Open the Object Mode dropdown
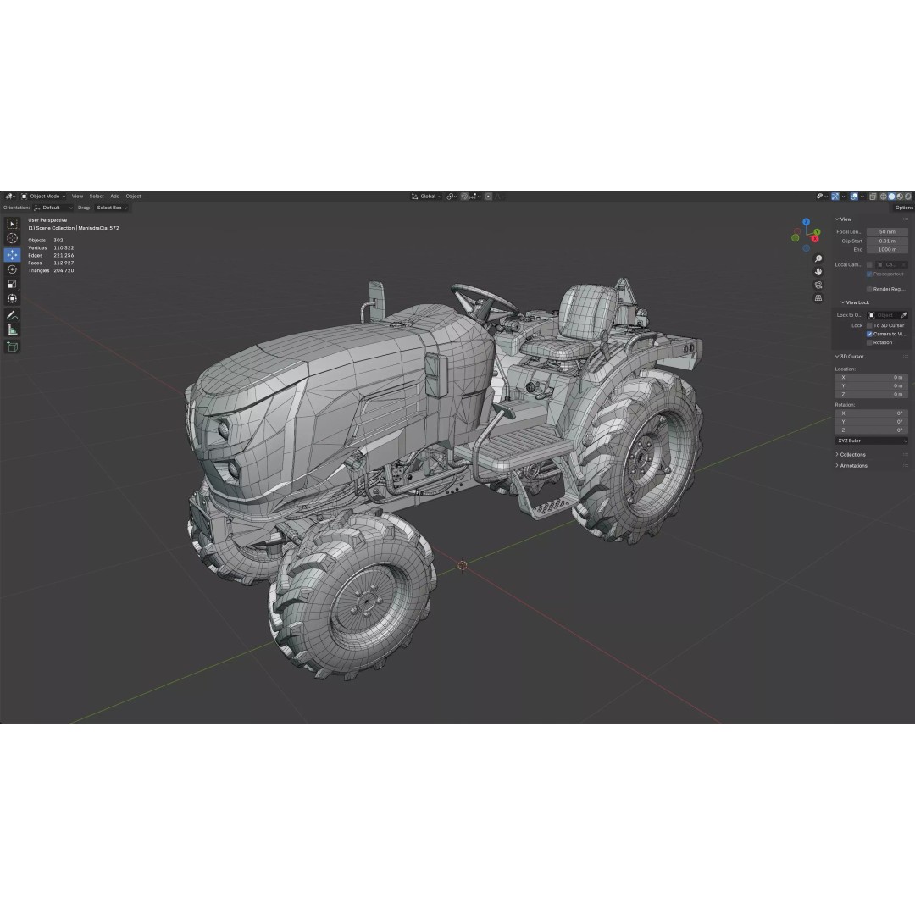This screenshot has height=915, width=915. pos(44,196)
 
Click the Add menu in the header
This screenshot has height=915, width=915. pos(114,196)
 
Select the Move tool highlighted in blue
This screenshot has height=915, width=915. pos(12,254)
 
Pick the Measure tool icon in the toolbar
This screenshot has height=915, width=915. pos(12,330)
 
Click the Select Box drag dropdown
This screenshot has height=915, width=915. pos(112,208)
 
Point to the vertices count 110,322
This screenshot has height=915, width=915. pos(64,247)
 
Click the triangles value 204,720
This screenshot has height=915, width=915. pos(64,270)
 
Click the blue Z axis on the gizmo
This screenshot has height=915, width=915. pos(806,223)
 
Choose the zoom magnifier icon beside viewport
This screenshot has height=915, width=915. pos(818,258)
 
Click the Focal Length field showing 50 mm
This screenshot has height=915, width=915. pos(887,231)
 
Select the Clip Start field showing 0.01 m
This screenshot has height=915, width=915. pos(887,241)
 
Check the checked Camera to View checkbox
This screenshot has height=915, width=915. pos(869,334)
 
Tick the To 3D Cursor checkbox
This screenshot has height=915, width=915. pos(869,325)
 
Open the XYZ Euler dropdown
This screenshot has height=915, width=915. pos(871,441)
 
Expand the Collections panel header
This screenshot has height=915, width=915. pos(852,454)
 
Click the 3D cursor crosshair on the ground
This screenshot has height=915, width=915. pos(463,565)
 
